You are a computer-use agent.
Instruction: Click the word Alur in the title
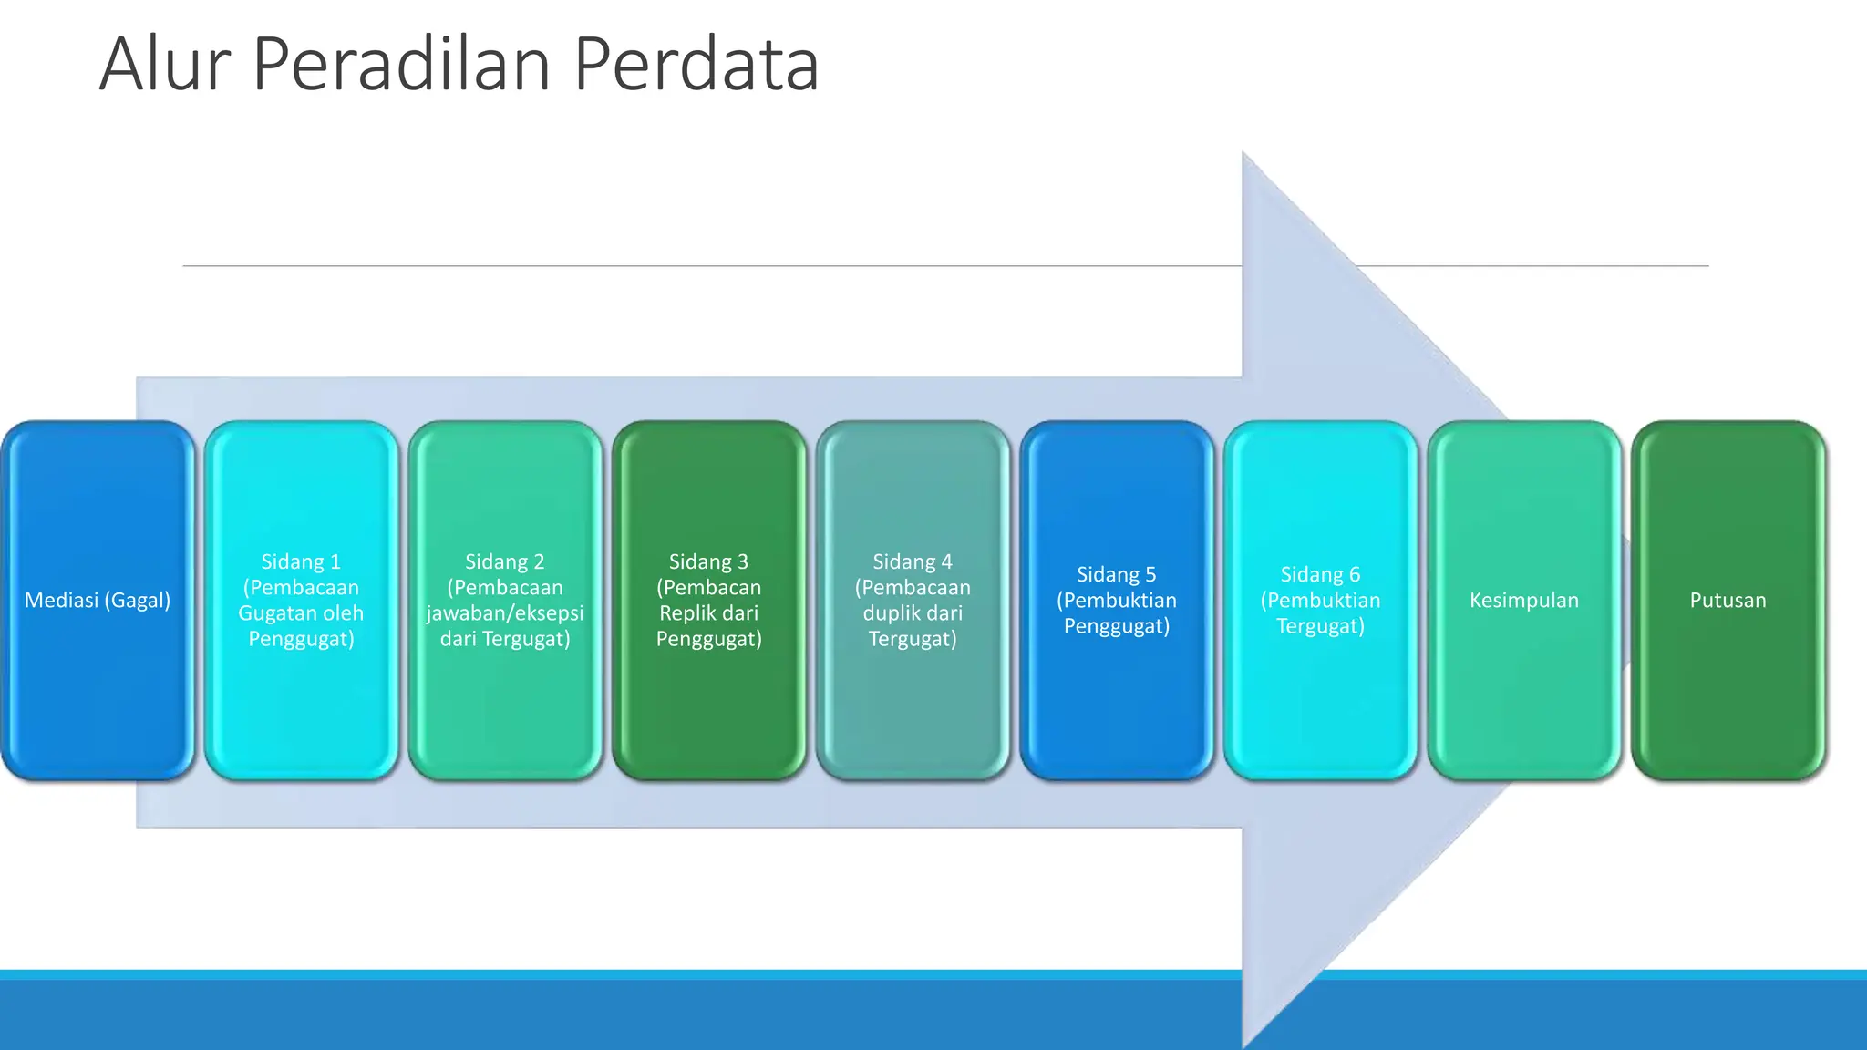(x=165, y=65)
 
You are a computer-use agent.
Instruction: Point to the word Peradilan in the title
(x=401, y=65)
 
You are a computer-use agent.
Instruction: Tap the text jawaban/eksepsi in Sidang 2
(x=505, y=613)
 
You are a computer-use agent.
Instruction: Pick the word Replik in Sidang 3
(x=685, y=613)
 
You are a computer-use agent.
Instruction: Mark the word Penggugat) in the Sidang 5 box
(x=1117, y=626)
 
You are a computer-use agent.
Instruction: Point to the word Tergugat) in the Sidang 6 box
(x=1320, y=626)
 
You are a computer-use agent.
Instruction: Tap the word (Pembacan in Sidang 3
(x=709, y=588)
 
